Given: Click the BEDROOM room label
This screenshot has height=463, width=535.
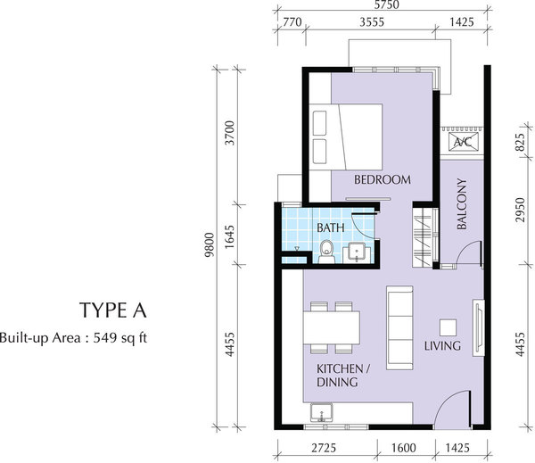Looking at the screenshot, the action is tap(383, 179).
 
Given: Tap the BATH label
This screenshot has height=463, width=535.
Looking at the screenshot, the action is tap(331, 227).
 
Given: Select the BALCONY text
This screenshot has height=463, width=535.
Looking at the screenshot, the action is tap(461, 203).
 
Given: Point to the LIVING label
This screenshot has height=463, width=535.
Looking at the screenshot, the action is tap(442, 345).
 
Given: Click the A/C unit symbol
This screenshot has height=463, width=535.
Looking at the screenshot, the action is tap(463, 142).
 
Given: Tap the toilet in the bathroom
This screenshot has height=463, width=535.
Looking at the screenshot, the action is tap(327, 252).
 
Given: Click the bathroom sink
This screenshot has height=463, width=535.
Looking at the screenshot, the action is tap(356, 253).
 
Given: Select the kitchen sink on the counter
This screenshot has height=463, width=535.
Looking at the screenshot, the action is tap(321, 412).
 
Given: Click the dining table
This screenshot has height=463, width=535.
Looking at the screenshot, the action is tap(332, 327).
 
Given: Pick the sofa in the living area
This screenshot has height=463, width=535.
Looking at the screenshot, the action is tap(399, 327).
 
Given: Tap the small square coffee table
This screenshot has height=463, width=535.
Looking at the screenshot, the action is tap(448, 327).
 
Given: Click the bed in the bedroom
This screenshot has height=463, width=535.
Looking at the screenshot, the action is tap(346, 136).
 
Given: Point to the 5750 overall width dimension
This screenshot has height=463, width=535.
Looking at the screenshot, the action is tap(386, 4).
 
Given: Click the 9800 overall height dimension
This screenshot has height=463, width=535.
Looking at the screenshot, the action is tap(210, 244).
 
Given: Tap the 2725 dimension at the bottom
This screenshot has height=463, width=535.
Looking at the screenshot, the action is tap(324, 448).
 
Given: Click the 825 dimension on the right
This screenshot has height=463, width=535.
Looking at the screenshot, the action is tap(519, 143).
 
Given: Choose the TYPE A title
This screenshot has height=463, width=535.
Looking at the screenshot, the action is tap(113, 310).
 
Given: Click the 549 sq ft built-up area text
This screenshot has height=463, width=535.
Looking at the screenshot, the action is tap(120, 338).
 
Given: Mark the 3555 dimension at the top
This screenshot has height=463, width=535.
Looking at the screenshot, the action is tap(372, 22).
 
